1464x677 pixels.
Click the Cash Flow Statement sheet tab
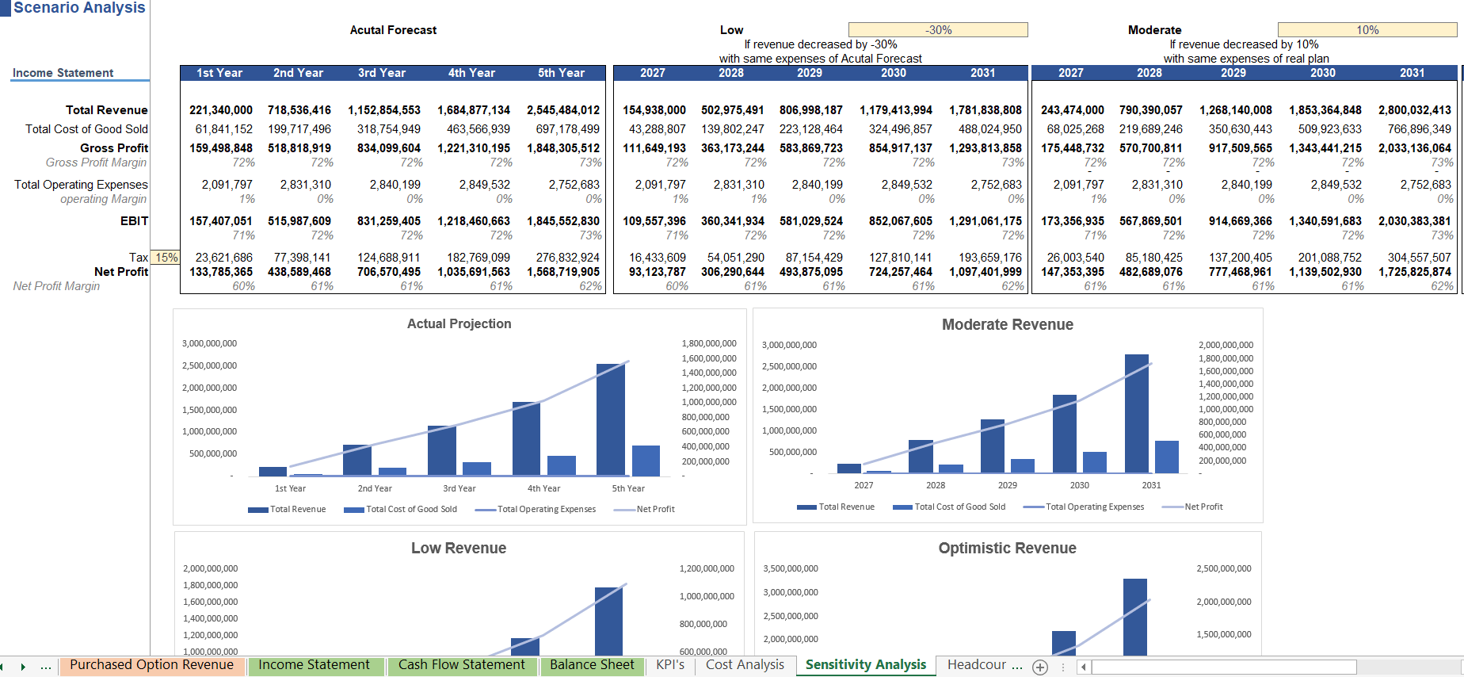coord(462,665)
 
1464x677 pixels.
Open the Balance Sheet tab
coord(592,665)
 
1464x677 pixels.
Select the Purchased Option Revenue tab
coord(151,665)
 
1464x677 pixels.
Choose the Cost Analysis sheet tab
coord(745,665)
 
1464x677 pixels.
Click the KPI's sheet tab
coord(670,665)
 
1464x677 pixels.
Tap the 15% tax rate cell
coord(166,258)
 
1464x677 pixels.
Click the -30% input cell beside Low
coord(938,30)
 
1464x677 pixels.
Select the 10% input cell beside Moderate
coord(1367,30)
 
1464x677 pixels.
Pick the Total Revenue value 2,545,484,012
coord(563,110)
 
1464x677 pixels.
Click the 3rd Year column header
coord(382,73)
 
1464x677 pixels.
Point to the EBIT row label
coord(134,221)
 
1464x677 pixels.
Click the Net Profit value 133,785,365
coord(221,272)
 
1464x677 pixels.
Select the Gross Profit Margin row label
coord(96,163)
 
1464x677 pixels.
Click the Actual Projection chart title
coord(459,323)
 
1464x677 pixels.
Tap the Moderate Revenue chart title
coord(1008,324)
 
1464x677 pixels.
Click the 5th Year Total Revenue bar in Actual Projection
coord(610,420)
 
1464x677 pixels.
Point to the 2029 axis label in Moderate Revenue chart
coord(1008,485)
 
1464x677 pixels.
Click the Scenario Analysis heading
coord(79,8)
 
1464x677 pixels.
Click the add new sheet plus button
coord(1040,667)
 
